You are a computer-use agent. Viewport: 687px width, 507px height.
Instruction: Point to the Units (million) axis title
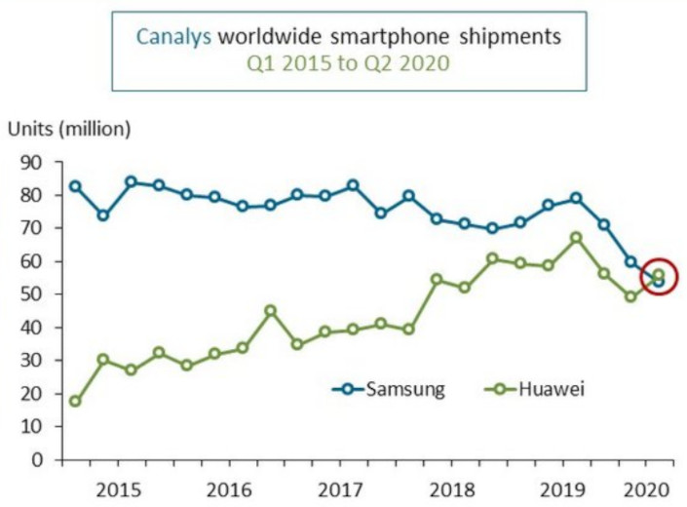(68, 129)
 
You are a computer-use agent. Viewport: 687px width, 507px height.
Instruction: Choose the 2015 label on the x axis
(116, 487)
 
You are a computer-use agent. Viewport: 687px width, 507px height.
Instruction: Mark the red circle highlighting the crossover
(658, 278)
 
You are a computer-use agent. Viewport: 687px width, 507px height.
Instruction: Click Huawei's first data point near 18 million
(75, 401)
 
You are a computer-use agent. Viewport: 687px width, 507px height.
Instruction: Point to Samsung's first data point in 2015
(75, 185)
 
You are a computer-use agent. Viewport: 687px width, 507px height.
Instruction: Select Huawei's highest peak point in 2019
(576, 237)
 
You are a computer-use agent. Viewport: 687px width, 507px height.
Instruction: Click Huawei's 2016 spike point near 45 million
(270, 310)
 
